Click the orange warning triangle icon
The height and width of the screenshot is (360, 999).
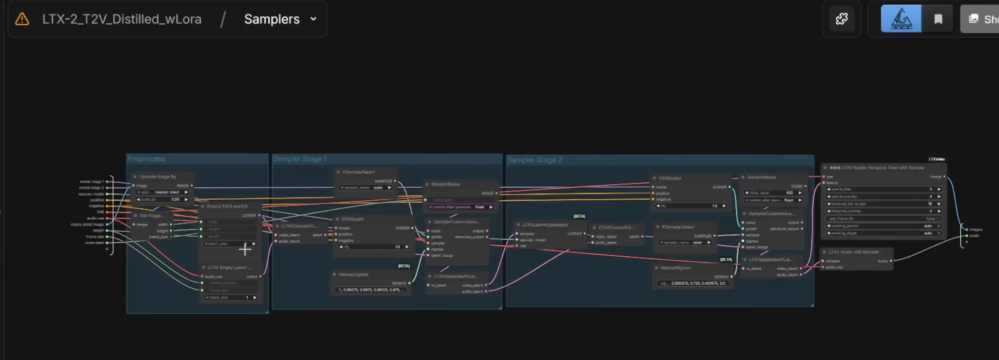[x=22, y=19]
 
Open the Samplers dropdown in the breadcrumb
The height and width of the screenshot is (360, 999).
[x=280, y=19]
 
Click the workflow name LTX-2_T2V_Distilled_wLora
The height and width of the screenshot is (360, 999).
[x=122, y=19]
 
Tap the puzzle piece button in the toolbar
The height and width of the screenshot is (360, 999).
[x=842, y=19]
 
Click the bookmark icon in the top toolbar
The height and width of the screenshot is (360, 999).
[x=938, y=19]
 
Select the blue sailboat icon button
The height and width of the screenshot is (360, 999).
[x=901, y=19]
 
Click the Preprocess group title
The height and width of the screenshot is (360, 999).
[x=146, y=159]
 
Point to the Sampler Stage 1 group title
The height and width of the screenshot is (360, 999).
[x=300, y=159]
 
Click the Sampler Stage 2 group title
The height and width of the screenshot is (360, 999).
[x=535, y=160]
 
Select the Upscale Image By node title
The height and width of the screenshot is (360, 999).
[x=158, y=177]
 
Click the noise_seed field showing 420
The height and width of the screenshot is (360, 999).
[x=772, y=193]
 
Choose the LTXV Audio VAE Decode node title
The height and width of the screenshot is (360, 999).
[x=853, y=252]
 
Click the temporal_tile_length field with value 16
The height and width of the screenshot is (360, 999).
[x=883, y=204]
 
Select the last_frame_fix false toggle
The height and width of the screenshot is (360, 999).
[x=883, y=219]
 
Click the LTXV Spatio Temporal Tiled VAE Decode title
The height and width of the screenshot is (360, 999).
[x=883, y=168]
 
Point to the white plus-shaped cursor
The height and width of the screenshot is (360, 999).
[x=245, y=249]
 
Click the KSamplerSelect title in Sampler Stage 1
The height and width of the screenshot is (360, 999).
[x=359, y=172]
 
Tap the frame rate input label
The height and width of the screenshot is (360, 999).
[x=95, y=236]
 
